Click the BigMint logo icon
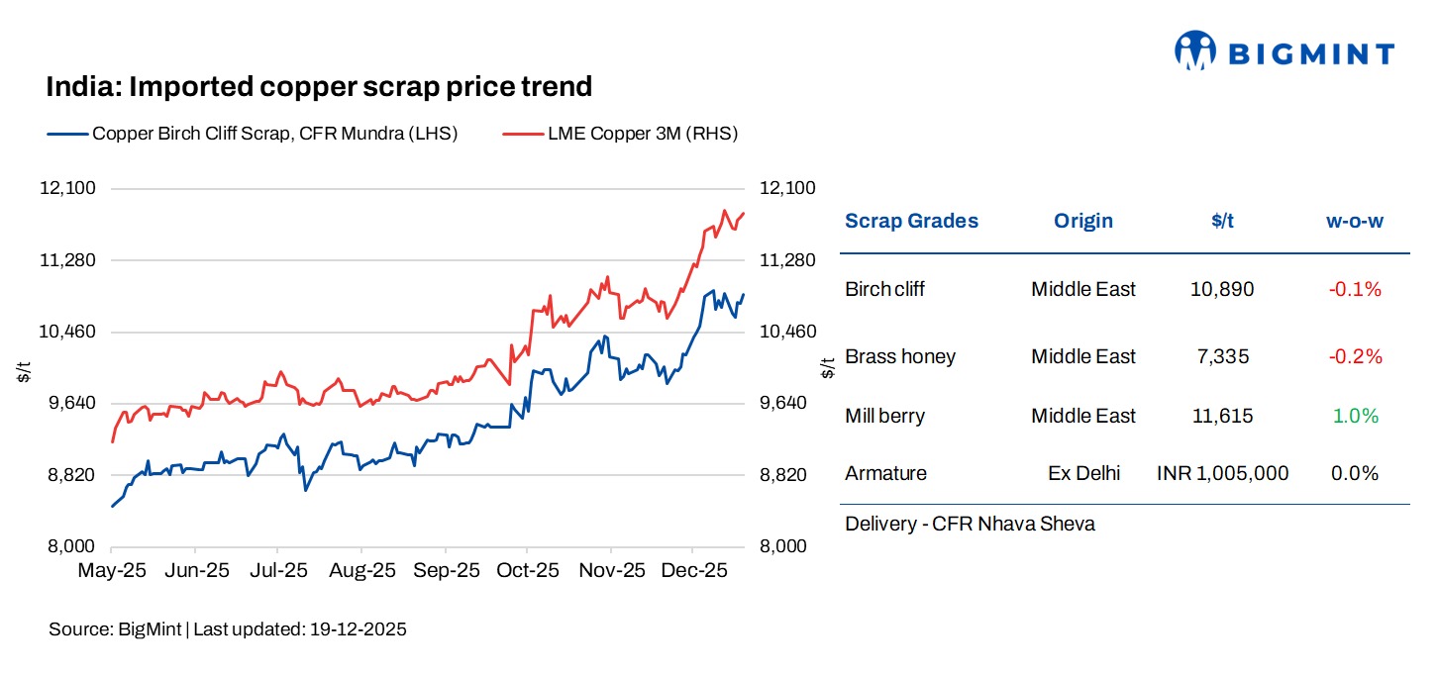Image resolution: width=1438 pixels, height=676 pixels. [x=1194, y=50]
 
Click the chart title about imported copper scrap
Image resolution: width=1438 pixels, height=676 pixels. [x=319, y=87]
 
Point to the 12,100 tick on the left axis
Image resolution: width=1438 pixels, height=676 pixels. [x=66, y=188]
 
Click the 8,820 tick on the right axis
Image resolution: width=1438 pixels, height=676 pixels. [x=787, y=475]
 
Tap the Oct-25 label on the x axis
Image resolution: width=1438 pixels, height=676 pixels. [x=527, y=571]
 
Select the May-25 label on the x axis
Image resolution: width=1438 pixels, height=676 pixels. [x=112, y=571]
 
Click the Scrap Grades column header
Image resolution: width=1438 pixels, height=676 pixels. [x=911, y=221]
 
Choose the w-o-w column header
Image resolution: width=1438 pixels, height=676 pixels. [x=1354, y=221]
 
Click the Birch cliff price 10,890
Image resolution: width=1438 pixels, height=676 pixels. [x=1222, y=290]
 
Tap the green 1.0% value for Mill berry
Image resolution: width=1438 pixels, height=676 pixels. [x=1355, y=417]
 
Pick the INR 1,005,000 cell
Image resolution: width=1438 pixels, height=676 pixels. [x=1222, y=474]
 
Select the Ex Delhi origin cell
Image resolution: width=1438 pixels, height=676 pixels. [x=1083, y=474]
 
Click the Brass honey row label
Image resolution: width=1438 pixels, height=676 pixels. [x=899, y=356]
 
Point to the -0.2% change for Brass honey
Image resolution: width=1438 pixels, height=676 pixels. [x=1355, y=356]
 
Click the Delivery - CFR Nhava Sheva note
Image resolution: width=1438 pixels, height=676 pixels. [x=970, y=524]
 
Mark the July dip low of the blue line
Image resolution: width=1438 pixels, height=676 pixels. [x=305, y=490]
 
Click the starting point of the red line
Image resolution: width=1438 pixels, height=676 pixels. [x=112, y=441]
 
